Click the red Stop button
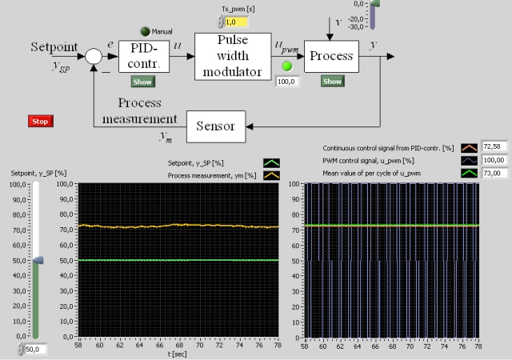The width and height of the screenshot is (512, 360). click(x=40, y=121)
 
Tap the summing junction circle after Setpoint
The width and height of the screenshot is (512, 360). click(x=94, y=55)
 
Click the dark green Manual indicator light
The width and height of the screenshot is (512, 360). click(x=145, y=31)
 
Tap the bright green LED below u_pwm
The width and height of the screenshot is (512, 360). click(x=286, y=66)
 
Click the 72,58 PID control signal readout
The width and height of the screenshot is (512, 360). click(x=496, y=148)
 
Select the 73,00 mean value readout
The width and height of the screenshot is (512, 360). click(x=496, y=172)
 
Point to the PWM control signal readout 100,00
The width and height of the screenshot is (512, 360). click(x=496, y=160)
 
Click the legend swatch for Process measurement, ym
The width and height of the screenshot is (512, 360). click(x=272, y=174)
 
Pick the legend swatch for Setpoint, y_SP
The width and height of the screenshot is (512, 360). click(x=272, y=162)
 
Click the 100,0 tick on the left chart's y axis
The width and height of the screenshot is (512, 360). click(x=67, y=184)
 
